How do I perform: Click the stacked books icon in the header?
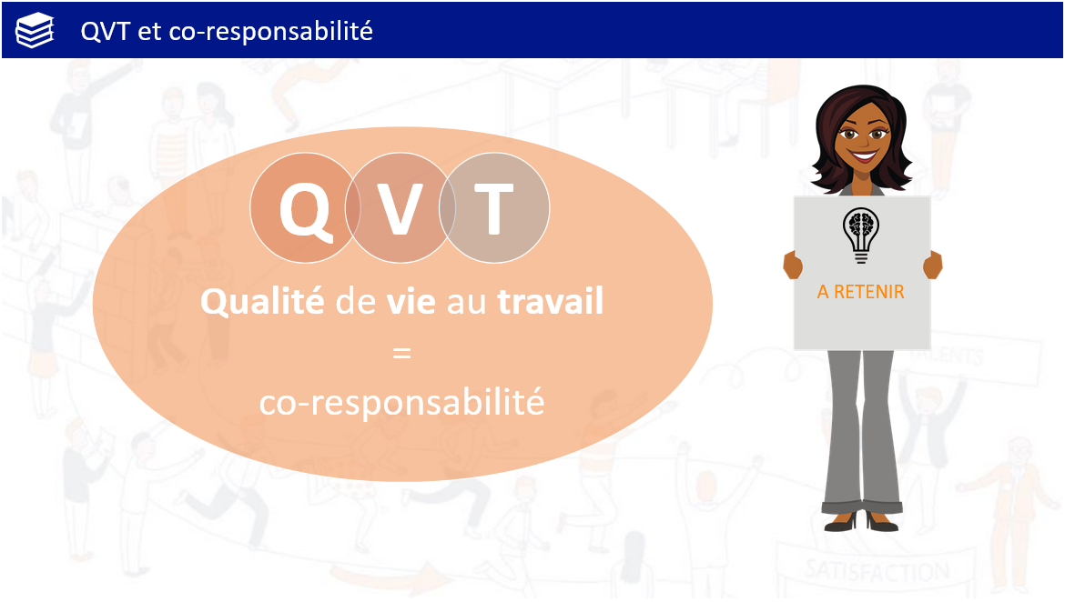point(35,31)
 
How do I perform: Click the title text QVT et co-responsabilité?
point(227,31)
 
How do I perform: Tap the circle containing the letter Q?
point(305,207)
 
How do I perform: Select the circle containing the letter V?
point(400,207)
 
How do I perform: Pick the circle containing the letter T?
point(494,207)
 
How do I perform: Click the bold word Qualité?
point(262,301)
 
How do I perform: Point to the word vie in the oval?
point(411,301)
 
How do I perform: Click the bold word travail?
point(550,301)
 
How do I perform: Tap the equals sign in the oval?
point(402,353)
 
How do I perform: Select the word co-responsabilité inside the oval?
point(402,403)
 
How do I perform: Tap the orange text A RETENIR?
point(860,292)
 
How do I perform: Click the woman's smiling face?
point(863,138)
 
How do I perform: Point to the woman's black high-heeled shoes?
point(862,521)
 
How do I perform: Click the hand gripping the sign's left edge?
point(793,265)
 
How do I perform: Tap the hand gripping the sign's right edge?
point(932,265)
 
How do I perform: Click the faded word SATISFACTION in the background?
point(877,571)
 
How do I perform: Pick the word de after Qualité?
point(355,301)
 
